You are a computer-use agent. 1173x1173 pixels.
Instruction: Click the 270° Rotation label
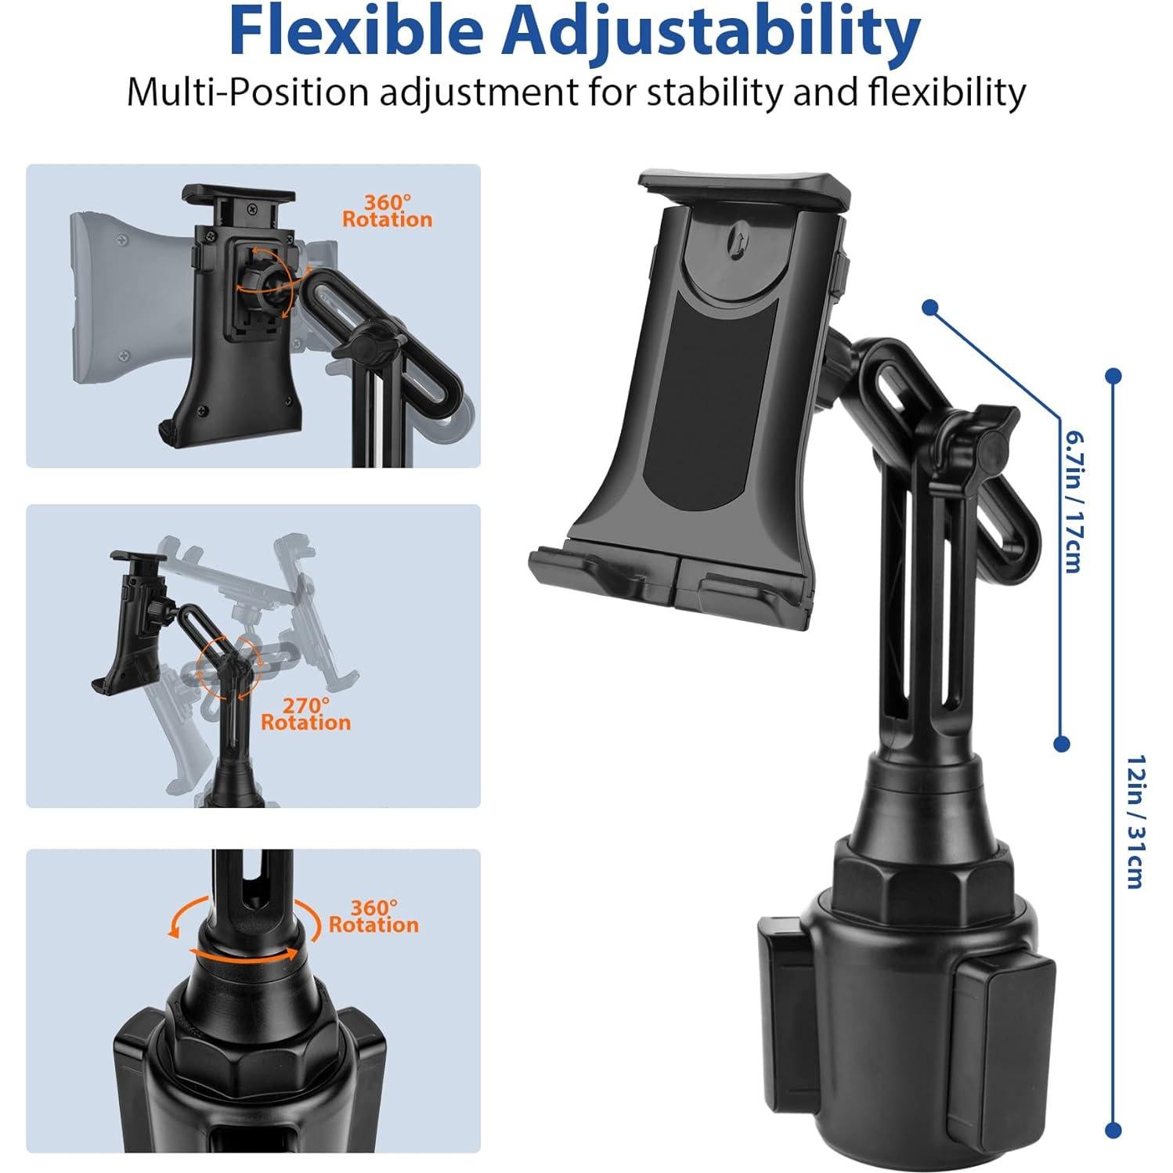pos(305,713)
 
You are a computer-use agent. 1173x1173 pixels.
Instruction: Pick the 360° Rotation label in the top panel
pos(387,211)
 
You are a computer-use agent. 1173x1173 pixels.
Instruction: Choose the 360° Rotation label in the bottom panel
pos(374,916)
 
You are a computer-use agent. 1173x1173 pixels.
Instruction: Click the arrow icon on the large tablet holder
pos(736,236)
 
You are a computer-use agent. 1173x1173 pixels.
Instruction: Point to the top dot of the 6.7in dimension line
pos(930,308)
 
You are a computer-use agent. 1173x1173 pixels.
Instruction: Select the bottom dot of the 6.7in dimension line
pos(1062,743)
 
